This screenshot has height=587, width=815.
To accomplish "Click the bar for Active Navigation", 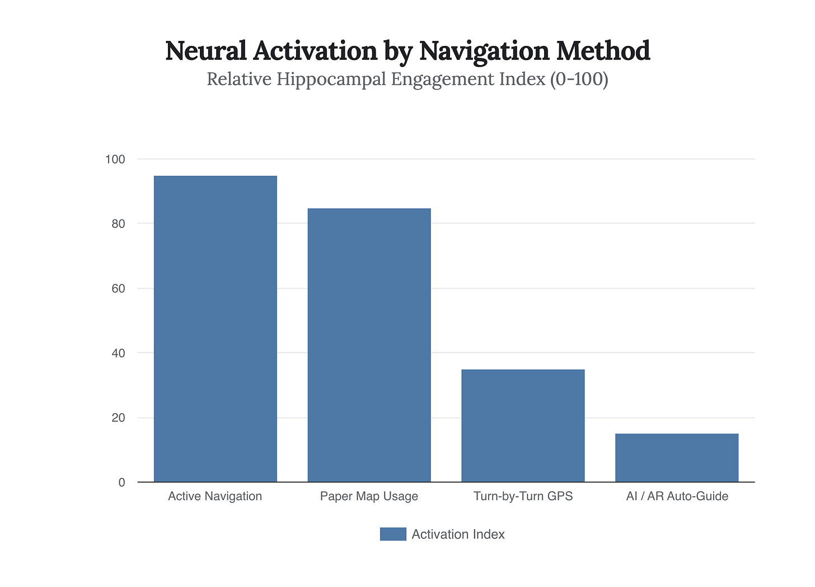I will coord(215,329).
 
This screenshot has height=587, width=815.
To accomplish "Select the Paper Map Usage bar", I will coord(369,345).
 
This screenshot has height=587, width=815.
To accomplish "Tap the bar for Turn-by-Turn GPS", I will coord(523,426).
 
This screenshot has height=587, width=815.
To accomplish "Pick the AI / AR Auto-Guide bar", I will coord(676,458).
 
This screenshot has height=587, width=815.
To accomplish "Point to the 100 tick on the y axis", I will coord(115,160).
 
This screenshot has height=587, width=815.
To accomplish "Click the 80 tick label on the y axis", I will coord(118,224).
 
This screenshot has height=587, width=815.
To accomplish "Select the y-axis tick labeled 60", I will coord(118,289).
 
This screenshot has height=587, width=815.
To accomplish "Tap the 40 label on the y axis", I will coord(118,353).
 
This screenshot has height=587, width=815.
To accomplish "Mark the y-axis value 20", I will coord(118,418).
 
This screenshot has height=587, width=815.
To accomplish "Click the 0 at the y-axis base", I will coord(121,483).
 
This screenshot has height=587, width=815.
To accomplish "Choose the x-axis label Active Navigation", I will coord(215,496).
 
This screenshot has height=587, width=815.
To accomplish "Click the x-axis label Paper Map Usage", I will coord(369,496).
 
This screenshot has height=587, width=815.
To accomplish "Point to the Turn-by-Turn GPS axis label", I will coord(523,496).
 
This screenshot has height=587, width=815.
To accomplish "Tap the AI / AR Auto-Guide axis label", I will coord(677,496).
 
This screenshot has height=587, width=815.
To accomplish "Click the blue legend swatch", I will coord(393,534).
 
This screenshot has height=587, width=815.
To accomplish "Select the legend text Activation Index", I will coord(458,534).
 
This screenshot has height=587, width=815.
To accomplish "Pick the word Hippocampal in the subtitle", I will coord(325,79).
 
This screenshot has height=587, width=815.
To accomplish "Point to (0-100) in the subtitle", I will coord(579,79).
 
